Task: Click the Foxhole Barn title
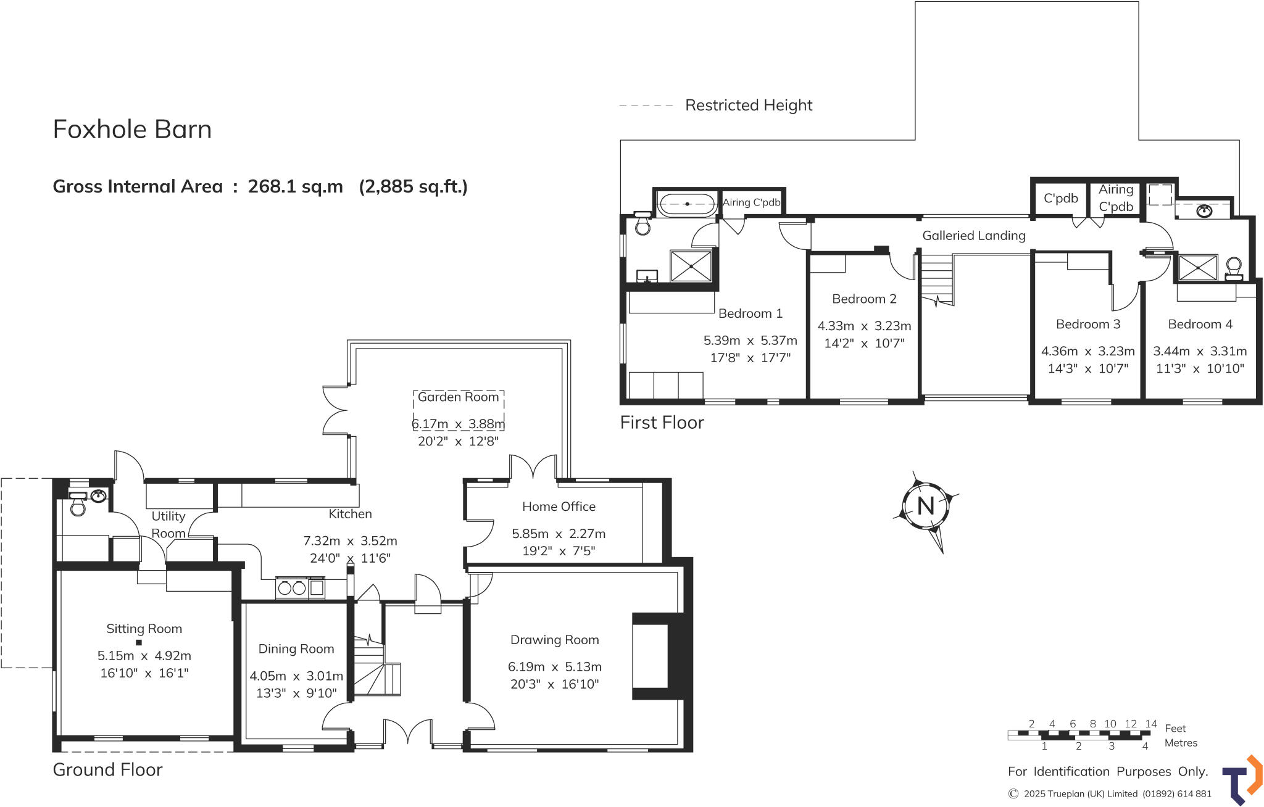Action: (132, 129)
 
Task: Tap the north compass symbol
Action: (925, 506)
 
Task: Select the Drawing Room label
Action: (554, 640)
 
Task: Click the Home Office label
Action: (559, 507)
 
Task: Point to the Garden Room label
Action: (458, 397)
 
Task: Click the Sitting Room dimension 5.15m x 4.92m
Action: (144, 656)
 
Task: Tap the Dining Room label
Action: (296, 648)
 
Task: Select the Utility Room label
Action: (168, 524)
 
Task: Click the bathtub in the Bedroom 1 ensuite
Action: (687, 204)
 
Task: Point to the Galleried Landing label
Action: (973, 235)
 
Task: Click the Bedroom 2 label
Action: (863, 299)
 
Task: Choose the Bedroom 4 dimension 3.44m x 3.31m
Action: (1199, 351)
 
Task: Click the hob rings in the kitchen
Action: (291, 588)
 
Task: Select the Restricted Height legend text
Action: (748, 106)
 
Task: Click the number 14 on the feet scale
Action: (1150, 724)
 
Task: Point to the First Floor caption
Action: (662, 423)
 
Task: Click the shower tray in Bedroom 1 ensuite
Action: (691, 265)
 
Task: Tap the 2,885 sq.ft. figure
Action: (413, 186)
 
